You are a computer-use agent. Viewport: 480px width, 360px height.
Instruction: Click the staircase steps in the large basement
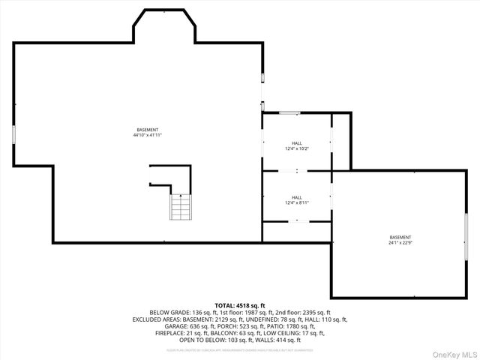coord(181,206)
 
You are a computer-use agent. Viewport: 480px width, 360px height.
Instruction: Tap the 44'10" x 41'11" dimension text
coord(148,135)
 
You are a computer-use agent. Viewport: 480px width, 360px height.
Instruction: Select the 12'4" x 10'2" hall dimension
coord(297,148)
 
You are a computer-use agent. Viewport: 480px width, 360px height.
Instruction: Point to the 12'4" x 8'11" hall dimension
coord(297,202)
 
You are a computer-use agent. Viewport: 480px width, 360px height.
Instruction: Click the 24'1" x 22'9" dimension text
coord(400,243)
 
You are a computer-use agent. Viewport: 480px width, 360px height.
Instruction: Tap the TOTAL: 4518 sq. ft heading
coord(240,306)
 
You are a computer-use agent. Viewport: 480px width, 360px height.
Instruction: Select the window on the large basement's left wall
coord(13,135)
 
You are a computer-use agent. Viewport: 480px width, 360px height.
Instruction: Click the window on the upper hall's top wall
coord(289,113)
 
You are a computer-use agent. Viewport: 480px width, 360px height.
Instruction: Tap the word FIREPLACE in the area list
coord(169,332)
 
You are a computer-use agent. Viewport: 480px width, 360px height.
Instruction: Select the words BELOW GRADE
coord(168,312)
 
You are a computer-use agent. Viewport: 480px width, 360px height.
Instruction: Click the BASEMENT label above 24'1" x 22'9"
coord(400,237)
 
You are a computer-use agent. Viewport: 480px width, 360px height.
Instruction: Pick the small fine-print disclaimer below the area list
coord(240,349)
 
